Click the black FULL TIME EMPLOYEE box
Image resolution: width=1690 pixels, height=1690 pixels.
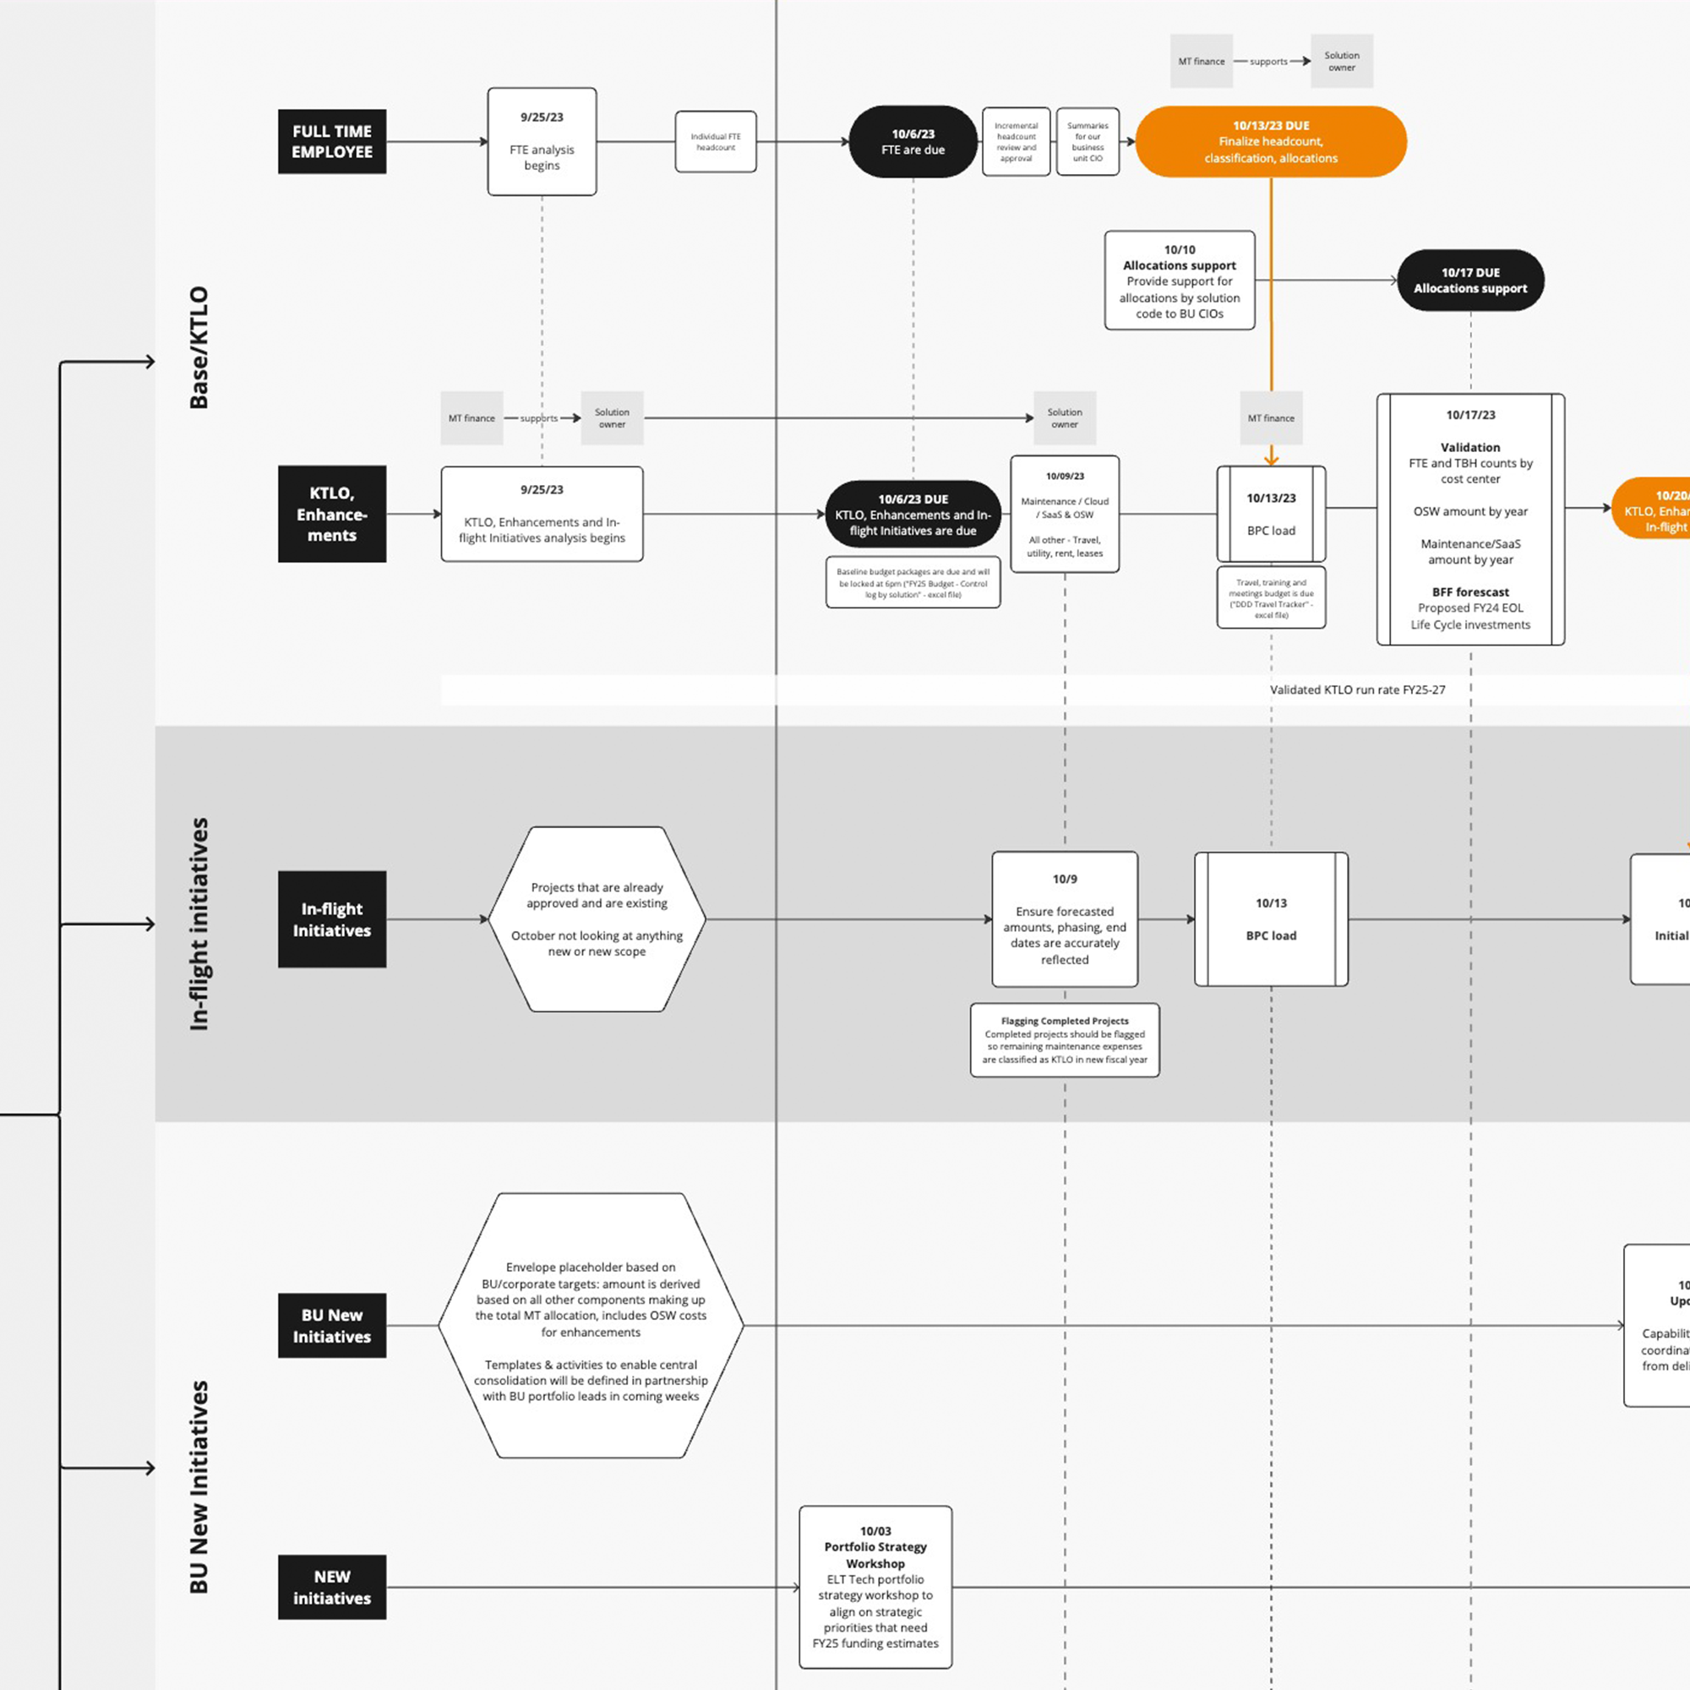click(x=331, y=142)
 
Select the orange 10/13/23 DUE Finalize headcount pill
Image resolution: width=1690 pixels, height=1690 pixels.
click(x=1270, y=142)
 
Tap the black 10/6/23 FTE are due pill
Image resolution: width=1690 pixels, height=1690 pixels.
click(x=913, y=142)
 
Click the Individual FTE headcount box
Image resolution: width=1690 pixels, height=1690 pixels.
click(x=716, y=142)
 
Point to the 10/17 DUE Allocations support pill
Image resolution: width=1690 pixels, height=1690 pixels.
click(x=1469, y=280)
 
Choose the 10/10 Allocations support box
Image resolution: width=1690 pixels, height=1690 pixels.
click(x=1179, y=281)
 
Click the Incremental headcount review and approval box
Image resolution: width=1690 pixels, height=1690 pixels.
click(x=1016, y=142)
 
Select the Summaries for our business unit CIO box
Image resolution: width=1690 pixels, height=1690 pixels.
click(x=1088, y=142)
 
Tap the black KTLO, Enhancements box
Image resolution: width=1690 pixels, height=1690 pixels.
click(x=331, y=514)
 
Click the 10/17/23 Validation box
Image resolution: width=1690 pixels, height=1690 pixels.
click(x=1469, y=520)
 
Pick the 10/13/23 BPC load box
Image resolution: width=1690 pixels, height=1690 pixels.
click(x=1270, y=515)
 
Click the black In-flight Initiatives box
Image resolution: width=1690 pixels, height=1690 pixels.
click(x=331, y=919)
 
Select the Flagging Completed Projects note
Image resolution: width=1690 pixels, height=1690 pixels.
click(x=1065, y=1040)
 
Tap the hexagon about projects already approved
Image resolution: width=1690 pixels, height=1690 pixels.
click(x=597, y=919)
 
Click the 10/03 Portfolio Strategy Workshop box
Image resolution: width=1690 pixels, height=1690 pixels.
click(x=875, y=1587)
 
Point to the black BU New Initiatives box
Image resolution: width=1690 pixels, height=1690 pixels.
click(x=331, y=1325)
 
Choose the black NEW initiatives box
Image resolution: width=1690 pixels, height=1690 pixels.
click(x=331, y=1587)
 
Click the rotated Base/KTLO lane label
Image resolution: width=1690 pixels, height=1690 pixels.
click(x=199, y=347)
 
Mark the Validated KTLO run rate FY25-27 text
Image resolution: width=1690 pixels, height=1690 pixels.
click(x=1357, y=690)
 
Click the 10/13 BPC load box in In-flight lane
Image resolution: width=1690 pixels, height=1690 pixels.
click(x=1270, y=919)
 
